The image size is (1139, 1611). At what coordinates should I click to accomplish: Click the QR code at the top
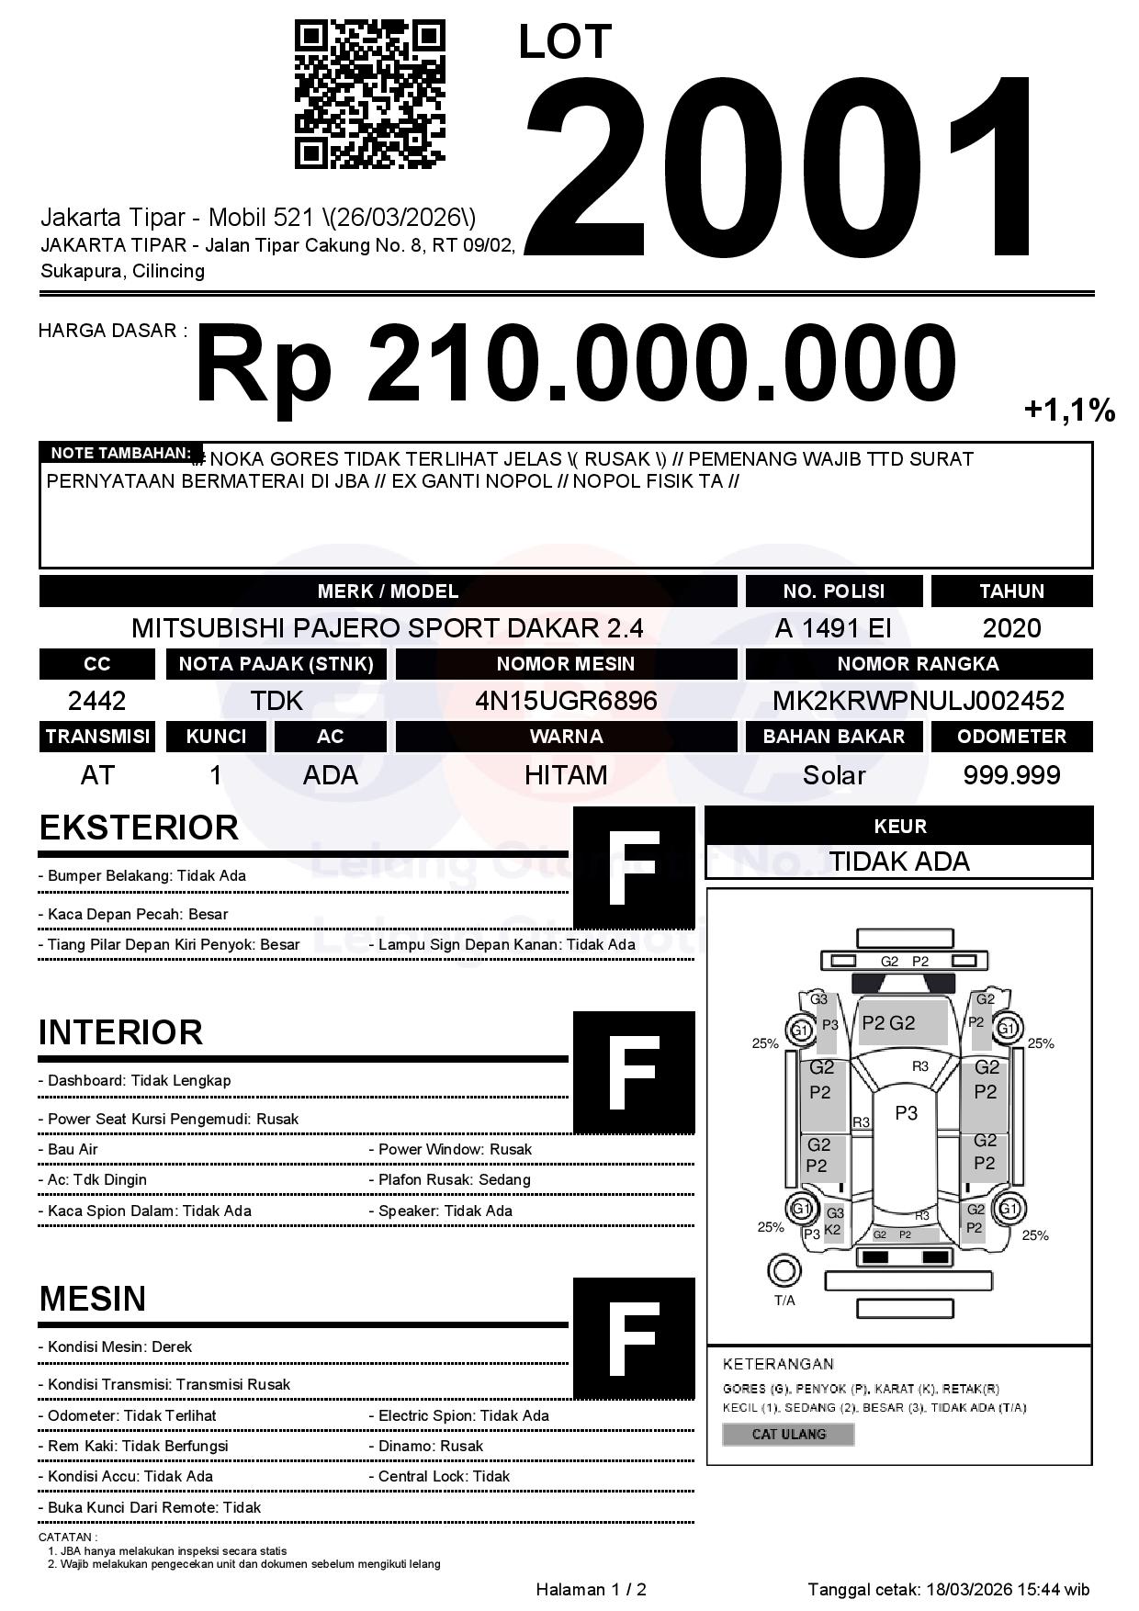tap(369, 95)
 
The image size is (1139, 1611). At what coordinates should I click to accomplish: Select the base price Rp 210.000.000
tap(575, 364)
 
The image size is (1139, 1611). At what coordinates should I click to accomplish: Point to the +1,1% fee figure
tap(1069, 410)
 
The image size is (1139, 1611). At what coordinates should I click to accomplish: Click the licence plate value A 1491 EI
tap(832, 628)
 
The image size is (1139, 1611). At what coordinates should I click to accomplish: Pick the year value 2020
tap(1011, 628)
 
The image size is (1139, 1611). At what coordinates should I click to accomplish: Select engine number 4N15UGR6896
tap(566, 701)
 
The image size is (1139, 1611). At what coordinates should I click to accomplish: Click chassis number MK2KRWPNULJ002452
tap(918, 701)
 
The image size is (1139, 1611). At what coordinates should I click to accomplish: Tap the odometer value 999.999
tap(1011, 775)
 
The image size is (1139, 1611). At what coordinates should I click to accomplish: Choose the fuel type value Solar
tap(833, 775)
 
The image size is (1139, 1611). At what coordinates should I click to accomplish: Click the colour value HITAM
tap(566, 775)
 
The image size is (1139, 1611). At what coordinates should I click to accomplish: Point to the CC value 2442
tap(96, 701)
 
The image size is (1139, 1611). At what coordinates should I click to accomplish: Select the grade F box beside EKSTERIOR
tap(634, 867)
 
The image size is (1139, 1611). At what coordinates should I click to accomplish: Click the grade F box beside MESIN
tap(634, 1337)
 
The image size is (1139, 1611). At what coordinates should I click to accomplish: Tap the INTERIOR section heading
tap(120, 1032)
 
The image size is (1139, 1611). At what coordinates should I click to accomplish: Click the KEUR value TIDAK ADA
tap(898, 862)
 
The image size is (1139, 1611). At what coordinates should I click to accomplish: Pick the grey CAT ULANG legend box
tap(788, 1434)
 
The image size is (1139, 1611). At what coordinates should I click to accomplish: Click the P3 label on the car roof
tap(906, 1113)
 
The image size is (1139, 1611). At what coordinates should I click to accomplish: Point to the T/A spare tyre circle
tap(784, 1270)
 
